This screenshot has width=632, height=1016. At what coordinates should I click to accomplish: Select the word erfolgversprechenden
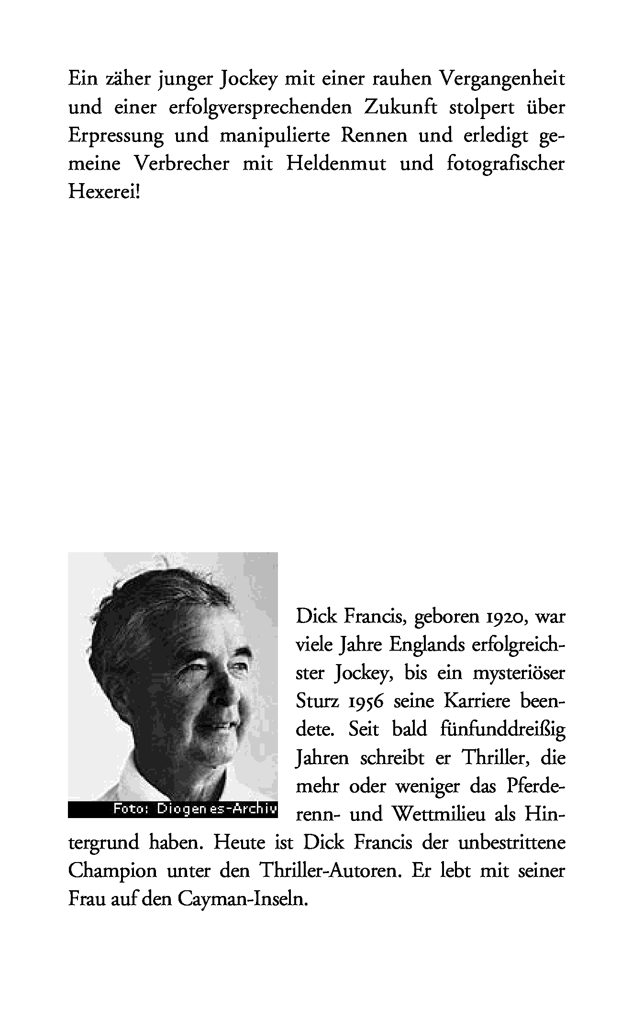coord(260,108)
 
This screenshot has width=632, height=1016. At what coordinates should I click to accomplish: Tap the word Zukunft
coord(400,108)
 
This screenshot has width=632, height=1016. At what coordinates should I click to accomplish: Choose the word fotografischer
coord(506,164)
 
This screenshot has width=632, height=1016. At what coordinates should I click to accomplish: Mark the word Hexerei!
coord(105,193)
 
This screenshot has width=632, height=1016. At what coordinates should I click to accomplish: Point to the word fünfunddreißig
coord(501,730)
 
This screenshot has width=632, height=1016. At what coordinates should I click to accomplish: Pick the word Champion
coord(112,871)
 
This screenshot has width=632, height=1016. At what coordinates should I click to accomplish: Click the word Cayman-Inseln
coord(242,899)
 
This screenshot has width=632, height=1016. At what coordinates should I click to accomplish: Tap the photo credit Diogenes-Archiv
coord(217,809)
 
